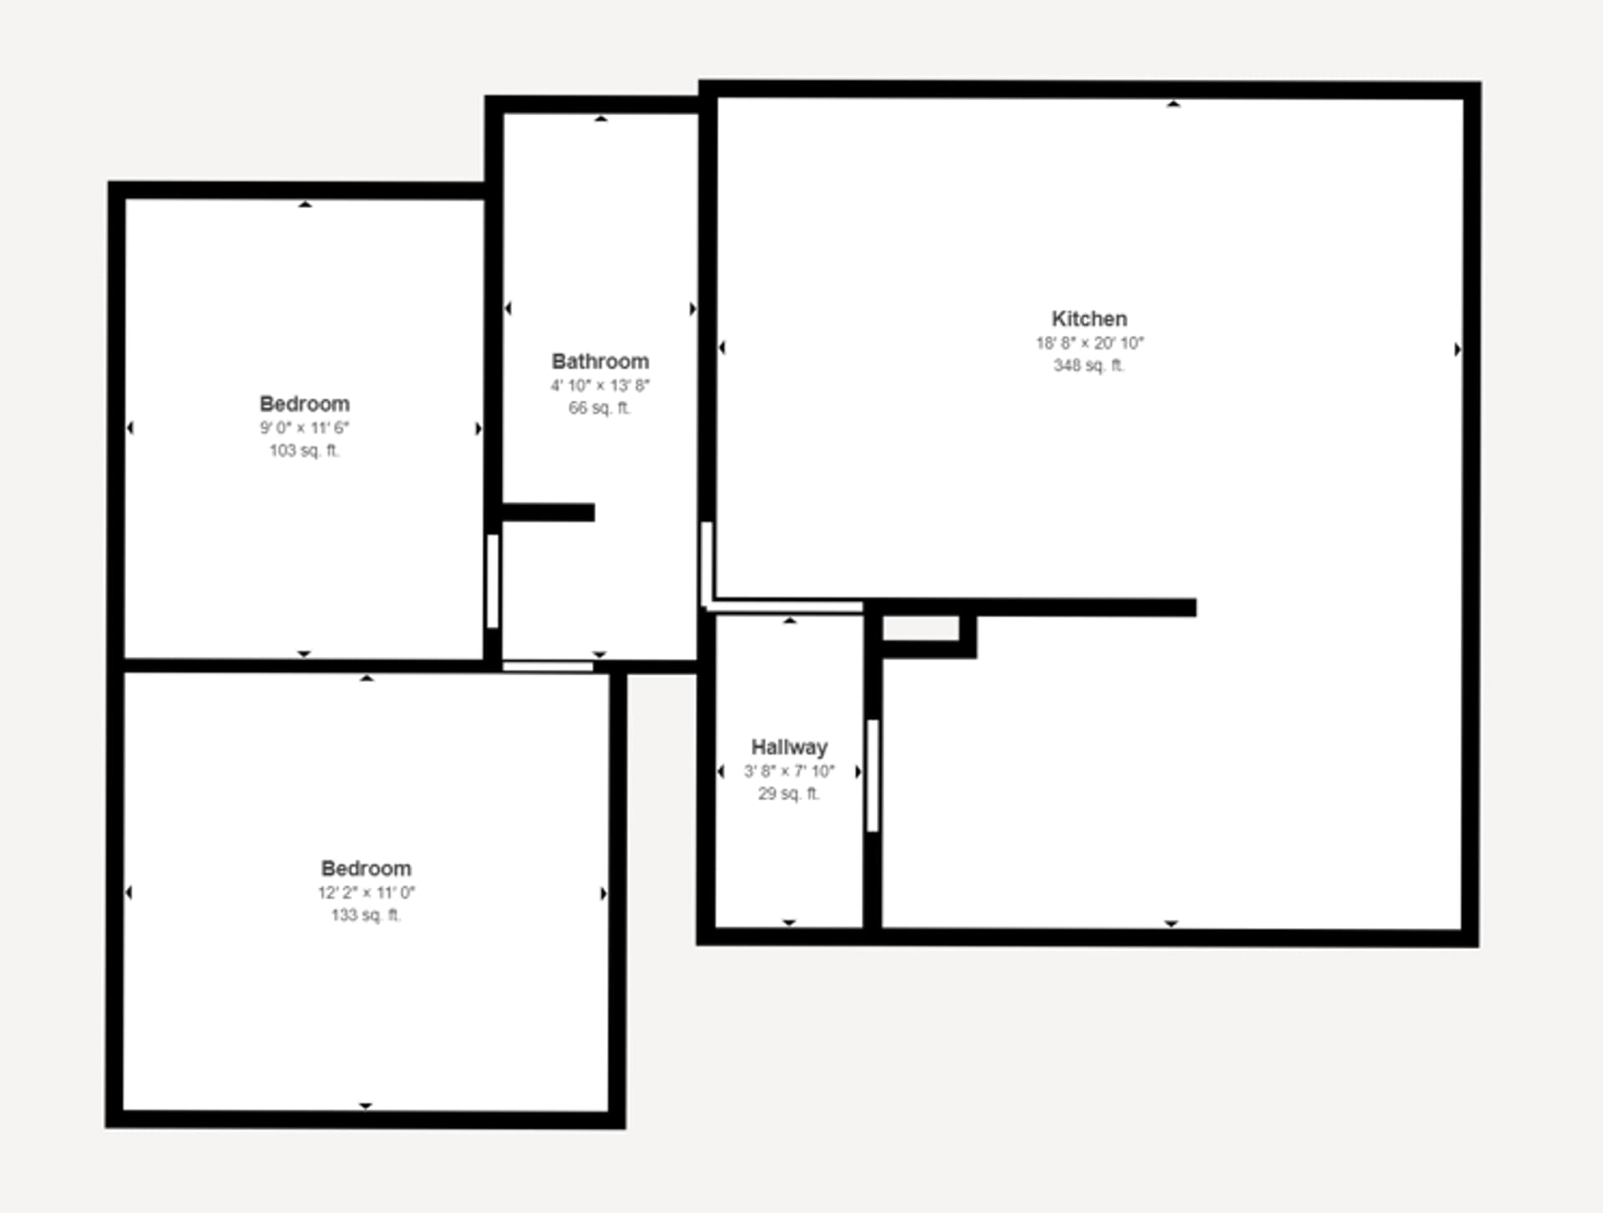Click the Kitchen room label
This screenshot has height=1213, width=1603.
[1089, 319]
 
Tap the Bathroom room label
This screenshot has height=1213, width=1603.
[599, 361]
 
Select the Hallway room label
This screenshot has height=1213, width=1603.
[789, 747]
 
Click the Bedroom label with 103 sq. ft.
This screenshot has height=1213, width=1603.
[305, 404]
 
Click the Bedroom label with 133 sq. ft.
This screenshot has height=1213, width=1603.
[366, 868]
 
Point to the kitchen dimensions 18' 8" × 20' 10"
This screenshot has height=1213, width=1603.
[1089, 343]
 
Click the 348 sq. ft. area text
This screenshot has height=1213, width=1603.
[1089, 366]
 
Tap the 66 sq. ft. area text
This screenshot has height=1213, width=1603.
[599, 408]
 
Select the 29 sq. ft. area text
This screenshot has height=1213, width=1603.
[789, 794]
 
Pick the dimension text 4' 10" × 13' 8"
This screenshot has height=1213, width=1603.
[599, 386]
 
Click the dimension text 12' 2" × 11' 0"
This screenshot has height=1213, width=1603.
[366, 892]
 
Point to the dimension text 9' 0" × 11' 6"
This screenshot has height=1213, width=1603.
[305, 428]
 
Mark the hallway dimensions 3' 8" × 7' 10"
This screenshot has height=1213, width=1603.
[789, 771]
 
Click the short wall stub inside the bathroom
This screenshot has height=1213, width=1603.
[549, 513]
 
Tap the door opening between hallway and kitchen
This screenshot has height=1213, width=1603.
[872, 776]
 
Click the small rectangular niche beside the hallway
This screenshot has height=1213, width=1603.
[920, 629]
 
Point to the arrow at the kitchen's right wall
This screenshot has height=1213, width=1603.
[1457, 350]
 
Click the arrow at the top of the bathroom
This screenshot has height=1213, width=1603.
[600, 119]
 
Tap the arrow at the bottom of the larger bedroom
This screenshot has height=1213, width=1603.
[365, 1105]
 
